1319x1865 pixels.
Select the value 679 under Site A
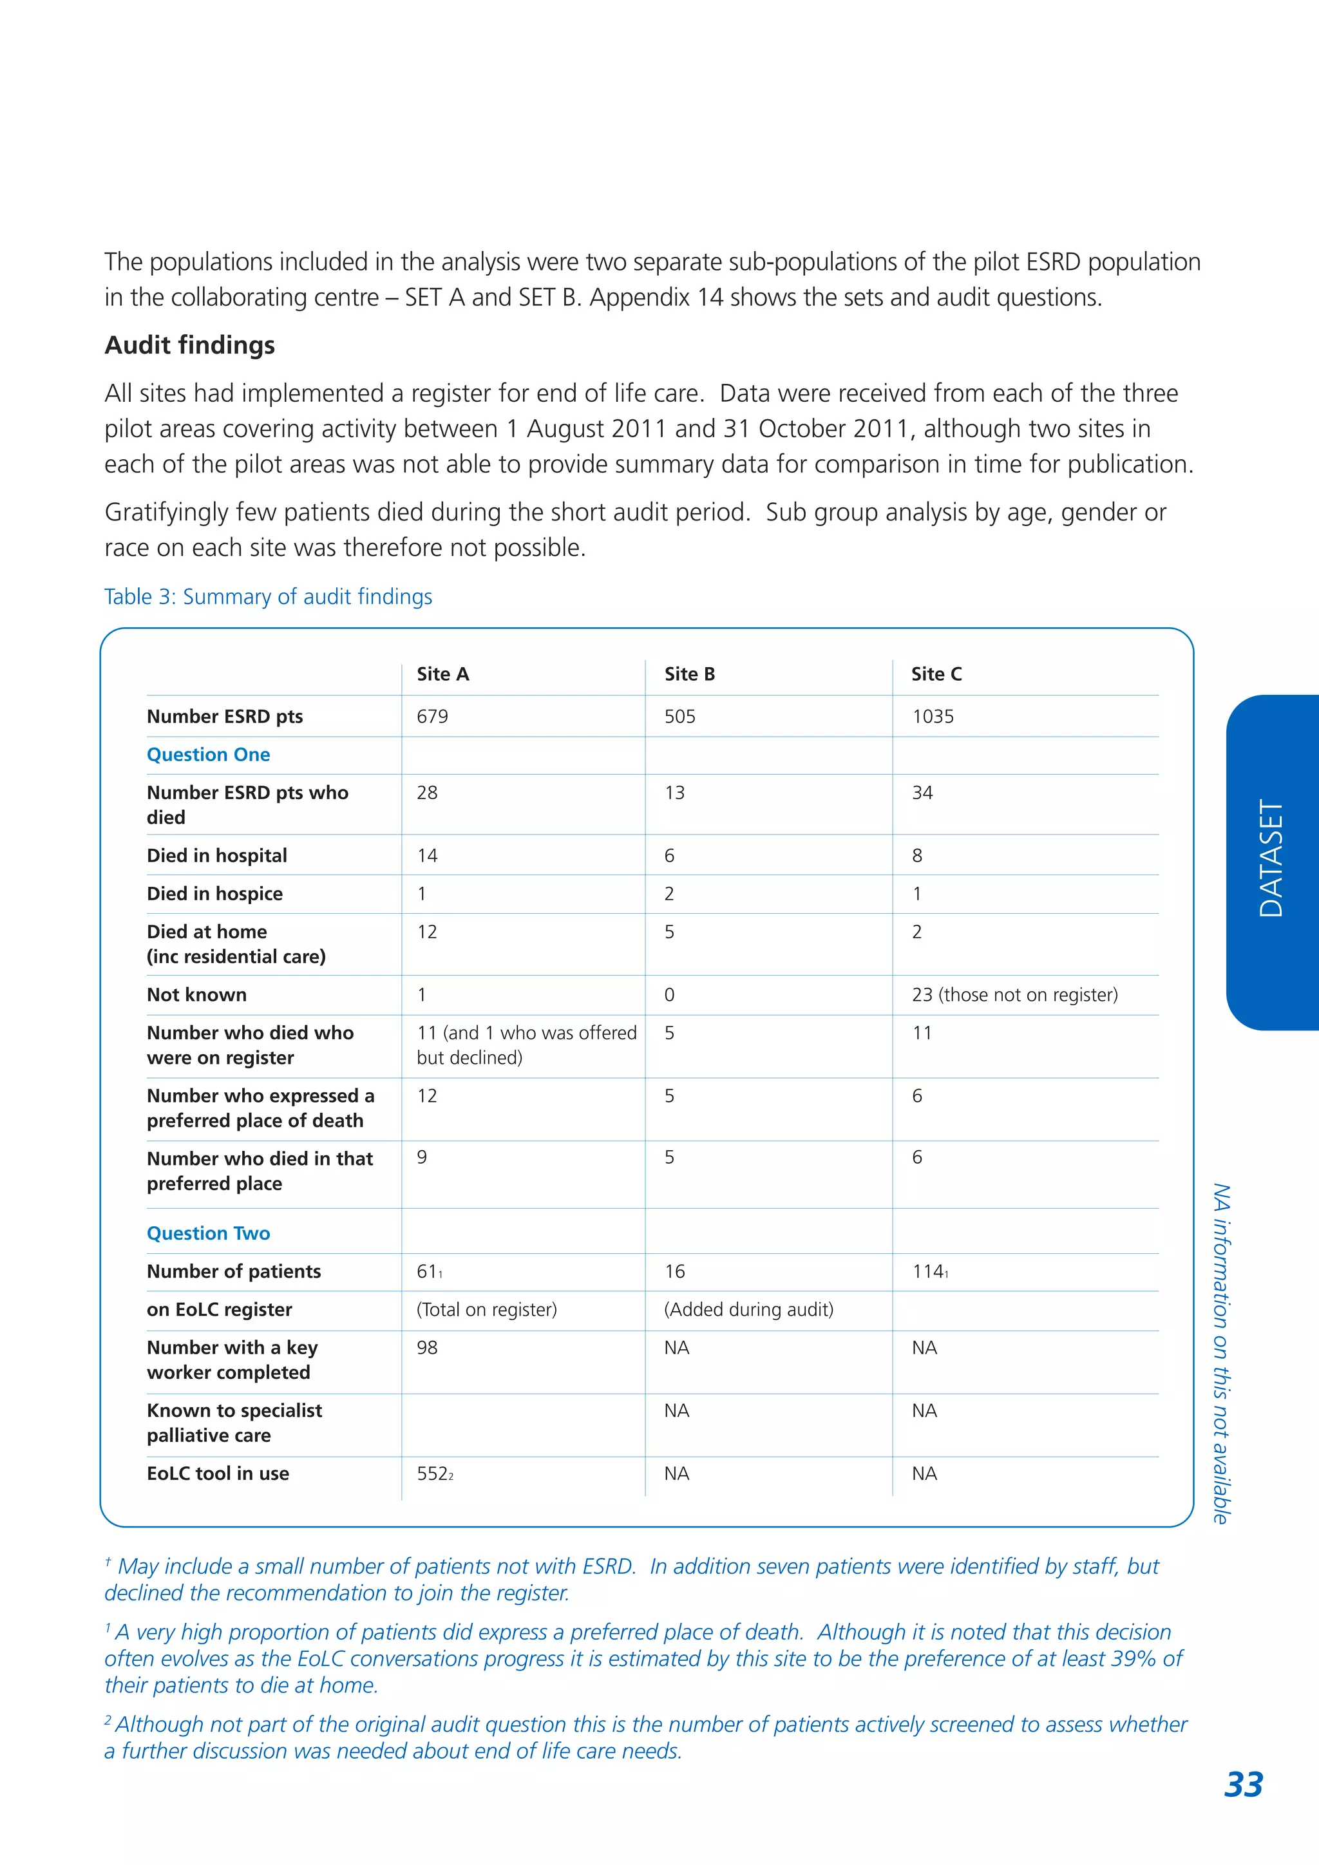[432, 716]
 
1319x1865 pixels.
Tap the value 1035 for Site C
[933, 716]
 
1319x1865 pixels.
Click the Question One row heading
[208, 755]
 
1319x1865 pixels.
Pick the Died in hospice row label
[214, 893]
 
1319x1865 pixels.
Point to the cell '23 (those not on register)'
[1014, 994]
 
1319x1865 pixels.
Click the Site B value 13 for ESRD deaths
[674, 793]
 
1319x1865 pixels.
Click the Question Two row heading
[208, 1233]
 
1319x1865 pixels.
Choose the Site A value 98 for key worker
[427, 1348]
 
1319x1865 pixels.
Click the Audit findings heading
[189, 345]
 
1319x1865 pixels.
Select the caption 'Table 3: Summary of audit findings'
[268, 596]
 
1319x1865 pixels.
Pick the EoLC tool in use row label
[218, 1473]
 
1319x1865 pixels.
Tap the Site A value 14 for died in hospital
[427, 855]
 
